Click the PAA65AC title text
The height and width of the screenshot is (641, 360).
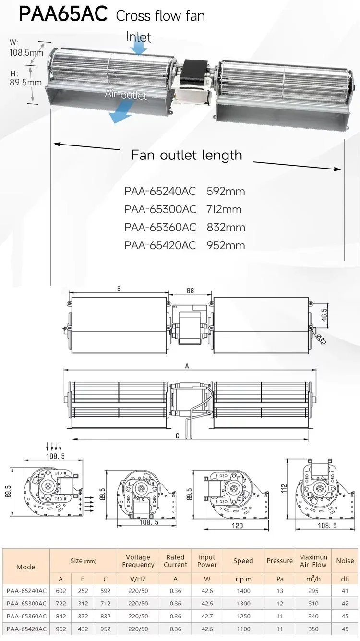click(63, 14)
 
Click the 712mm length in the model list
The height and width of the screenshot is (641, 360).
click(224, 209)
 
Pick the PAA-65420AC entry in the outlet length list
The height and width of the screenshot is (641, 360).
click(160, 245)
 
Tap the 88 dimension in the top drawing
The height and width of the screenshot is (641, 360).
click(190, 291)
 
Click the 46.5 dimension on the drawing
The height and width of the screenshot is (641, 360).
click(324, 315)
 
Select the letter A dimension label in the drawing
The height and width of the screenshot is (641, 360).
click(187, 366)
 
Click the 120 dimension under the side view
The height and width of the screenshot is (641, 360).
click(237, 525)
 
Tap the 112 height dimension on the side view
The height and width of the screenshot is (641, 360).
click(284, 488)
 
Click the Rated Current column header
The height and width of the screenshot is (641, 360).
click(175, 561)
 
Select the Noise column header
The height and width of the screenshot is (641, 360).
click(345, 561)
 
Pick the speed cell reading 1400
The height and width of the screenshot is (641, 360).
click(243, 591)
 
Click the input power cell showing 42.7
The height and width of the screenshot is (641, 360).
click(207, 616)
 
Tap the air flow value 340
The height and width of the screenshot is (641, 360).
click(313, 616)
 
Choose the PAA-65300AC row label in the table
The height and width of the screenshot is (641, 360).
click(26, 603)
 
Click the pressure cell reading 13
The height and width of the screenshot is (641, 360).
click(280, 591)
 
